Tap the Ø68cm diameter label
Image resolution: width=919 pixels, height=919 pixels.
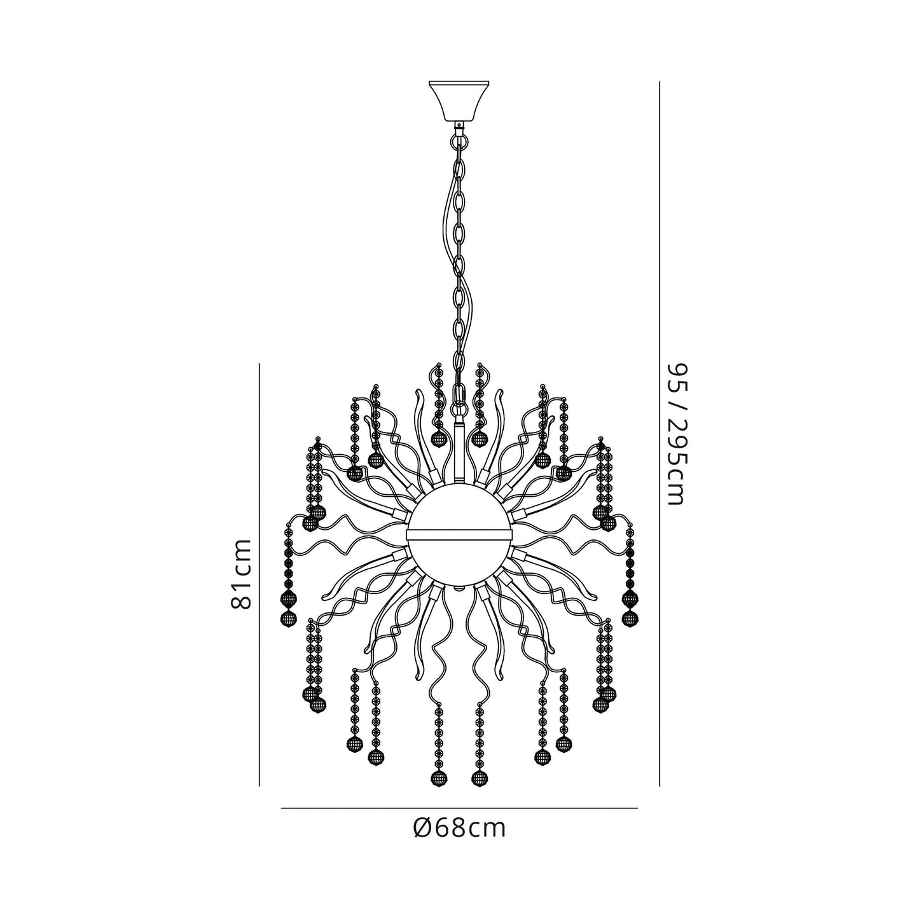[459, 827]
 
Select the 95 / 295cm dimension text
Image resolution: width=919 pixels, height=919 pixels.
[675, 434]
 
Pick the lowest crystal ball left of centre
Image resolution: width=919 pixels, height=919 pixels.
[438, 777]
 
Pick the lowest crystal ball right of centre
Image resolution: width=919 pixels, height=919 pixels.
[479, 777]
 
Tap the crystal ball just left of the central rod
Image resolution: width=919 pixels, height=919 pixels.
[438, 438]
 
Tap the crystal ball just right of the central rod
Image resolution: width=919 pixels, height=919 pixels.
[480, 438]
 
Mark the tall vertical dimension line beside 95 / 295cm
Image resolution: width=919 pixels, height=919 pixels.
[660, 432]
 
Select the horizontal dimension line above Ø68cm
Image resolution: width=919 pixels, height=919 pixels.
[459, 808]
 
